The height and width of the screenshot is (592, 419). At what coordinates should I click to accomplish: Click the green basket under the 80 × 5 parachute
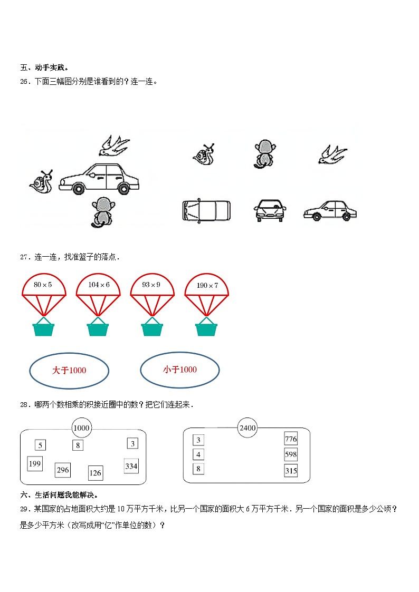point(44,328)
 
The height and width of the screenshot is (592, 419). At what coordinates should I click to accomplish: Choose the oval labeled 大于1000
point(69,371)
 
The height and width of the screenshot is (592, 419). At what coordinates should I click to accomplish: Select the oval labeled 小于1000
point(179,370)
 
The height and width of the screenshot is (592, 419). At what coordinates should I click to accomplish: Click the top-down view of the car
point(206,210)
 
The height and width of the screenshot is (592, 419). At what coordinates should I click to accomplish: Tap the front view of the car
point(270,210)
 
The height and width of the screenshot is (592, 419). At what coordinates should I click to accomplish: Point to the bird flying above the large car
point(115,145)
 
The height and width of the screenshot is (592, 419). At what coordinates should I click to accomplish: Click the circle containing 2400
point(247,428)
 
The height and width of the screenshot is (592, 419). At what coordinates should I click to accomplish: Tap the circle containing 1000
point(81,428)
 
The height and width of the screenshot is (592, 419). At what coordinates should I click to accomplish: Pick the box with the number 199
point(35,464)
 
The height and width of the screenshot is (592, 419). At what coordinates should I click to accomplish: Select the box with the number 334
point(131,466)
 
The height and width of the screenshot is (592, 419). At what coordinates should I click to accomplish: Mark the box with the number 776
point(291,439)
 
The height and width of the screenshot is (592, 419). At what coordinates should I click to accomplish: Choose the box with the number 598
point(291,454)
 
